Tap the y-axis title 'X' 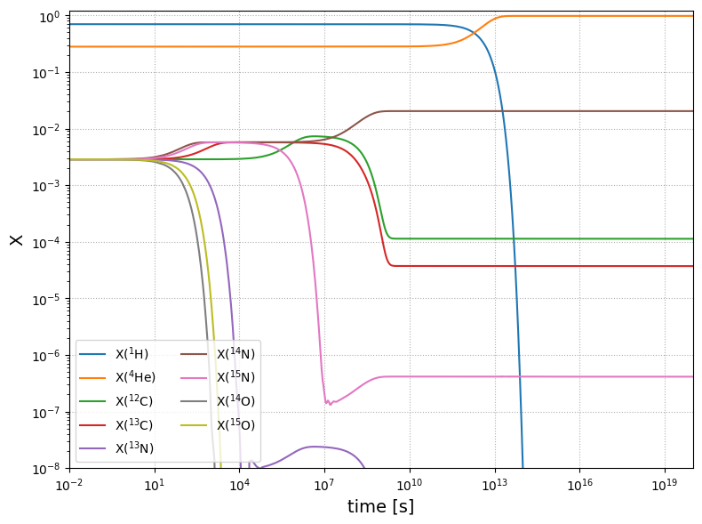click(x=16, y=239)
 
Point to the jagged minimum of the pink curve click(x=327, y=403)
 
